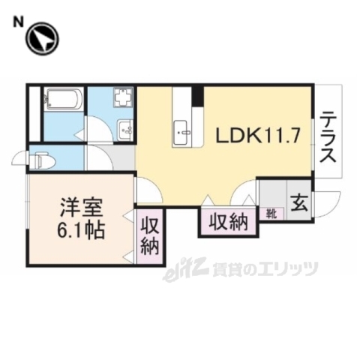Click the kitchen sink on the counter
(x=182, y=135)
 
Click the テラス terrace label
(x=328, y=138)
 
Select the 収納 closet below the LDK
(x=228, y=221)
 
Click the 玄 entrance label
(x=298, y=202)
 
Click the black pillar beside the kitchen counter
(x=197, y=97)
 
